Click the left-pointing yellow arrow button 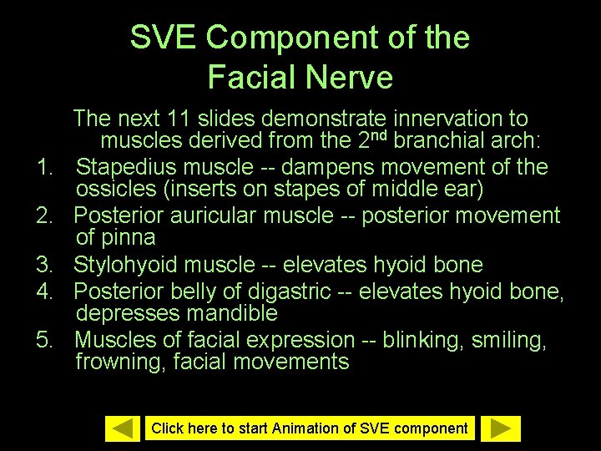point(123,428)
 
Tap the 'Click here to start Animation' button point(309,428)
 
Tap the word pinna point(129,237)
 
